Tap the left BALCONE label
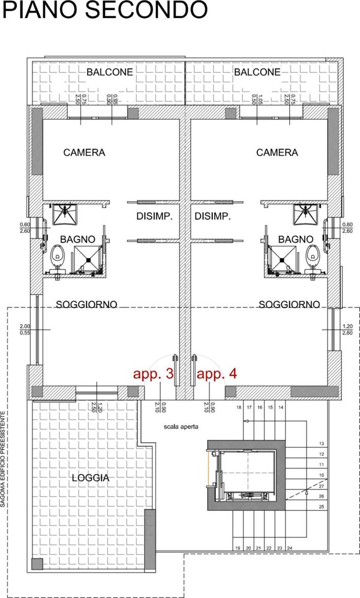(109, 72)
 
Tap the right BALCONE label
(257, 72)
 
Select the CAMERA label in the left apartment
(84, 153)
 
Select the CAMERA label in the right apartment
(277, 153)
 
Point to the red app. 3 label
(154, 374)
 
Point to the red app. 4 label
(217, 374)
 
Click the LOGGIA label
(90, 478)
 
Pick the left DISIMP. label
(154, 217)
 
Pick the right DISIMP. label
(213, 217)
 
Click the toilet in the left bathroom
(58, 255)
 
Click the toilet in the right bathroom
(310, 256)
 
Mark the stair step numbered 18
(239, 408)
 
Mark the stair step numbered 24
(289, 548)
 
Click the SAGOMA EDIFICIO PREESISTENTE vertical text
(4, 459)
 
